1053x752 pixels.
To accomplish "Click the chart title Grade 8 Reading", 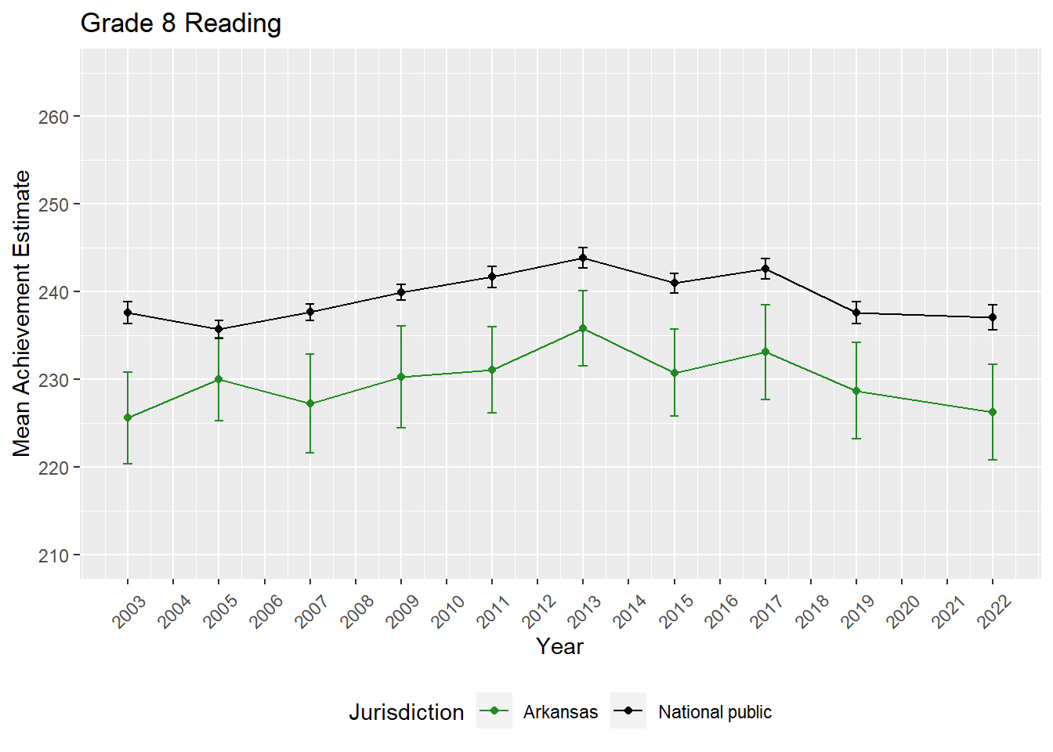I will [181, 23].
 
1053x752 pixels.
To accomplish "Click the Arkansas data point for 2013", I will [583, 328].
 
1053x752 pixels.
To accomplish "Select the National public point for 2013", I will [583, 258].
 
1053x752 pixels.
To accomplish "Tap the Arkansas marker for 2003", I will [128, 418].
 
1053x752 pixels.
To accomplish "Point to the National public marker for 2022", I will [993, 317].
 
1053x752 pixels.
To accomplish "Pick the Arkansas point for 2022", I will [993, 412].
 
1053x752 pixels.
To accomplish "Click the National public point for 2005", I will [219, 329].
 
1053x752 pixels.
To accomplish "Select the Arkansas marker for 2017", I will [765, 352].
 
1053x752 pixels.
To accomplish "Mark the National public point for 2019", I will [856, 313].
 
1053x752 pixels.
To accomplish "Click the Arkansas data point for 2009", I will [401, 377].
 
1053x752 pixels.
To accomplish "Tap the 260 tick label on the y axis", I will [53, 117].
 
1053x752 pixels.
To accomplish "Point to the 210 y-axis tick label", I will [53, 555].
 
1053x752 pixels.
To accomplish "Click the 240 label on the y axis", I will [53, 292].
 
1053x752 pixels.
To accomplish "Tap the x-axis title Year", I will [559, 646].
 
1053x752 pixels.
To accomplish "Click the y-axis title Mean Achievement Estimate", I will [22, 313].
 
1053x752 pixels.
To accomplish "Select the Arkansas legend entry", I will [560, 712].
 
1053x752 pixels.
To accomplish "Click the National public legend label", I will [715, 712].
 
